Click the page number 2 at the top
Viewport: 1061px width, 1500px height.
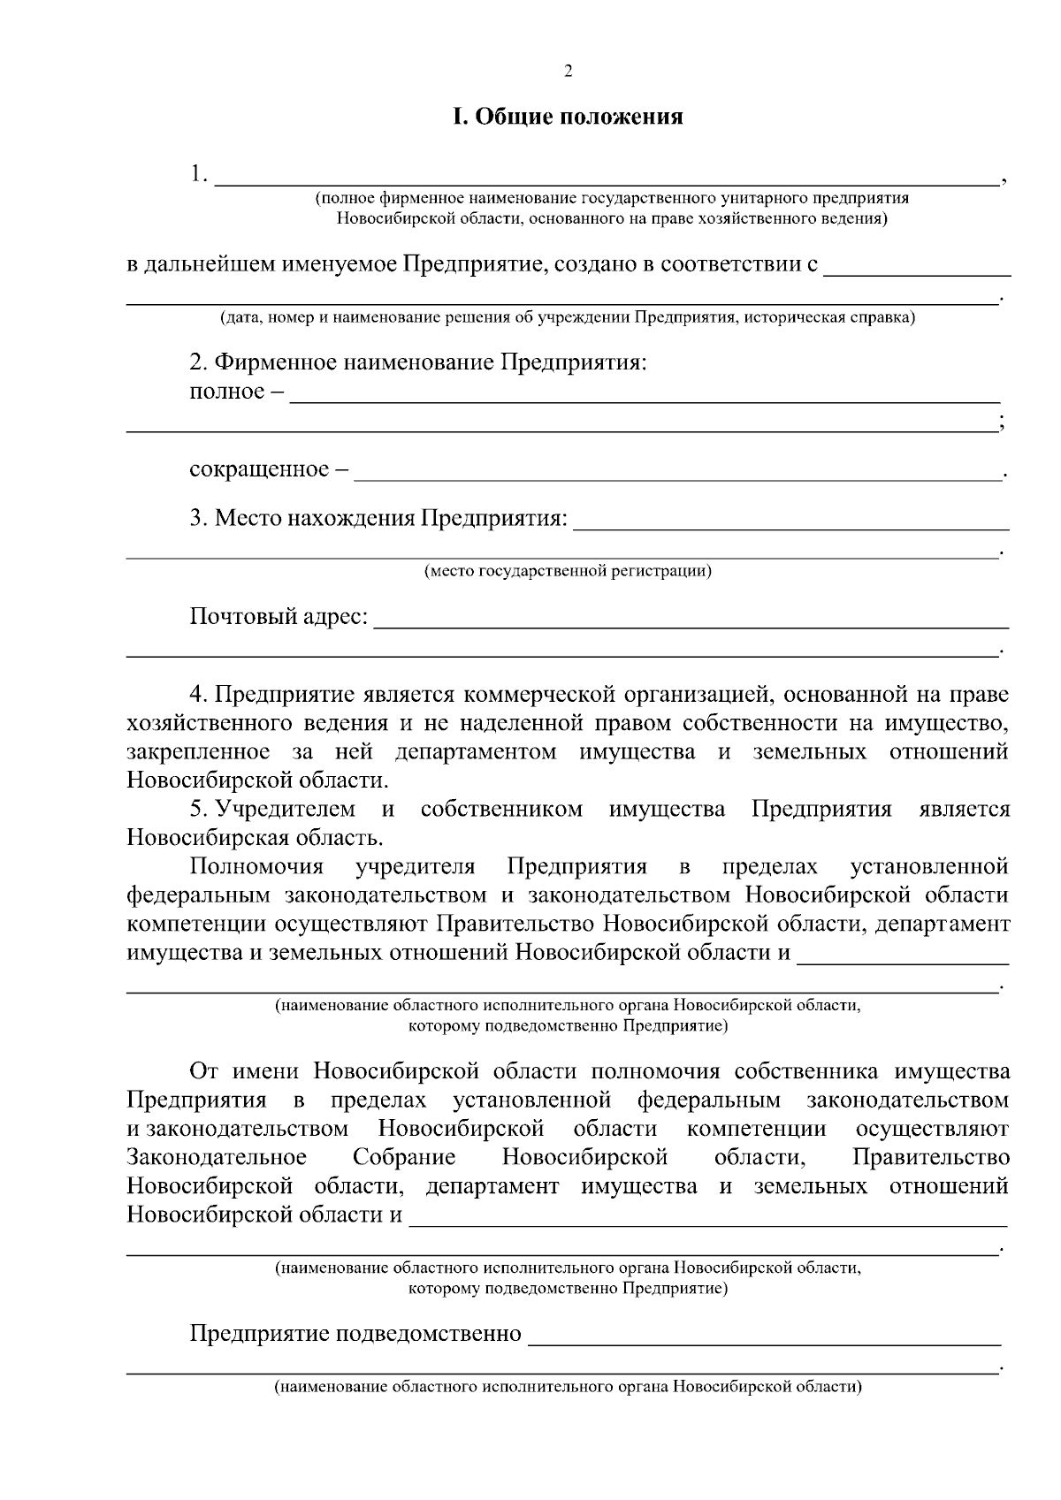[x=568, y=72]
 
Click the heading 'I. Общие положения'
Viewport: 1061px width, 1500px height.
[x=568, y=117]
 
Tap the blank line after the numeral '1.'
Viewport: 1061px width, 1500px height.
[x=606, y=177]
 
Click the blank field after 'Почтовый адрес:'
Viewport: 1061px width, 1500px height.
[x=690, y=619]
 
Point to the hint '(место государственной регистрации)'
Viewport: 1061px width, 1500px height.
[x=568, y=571]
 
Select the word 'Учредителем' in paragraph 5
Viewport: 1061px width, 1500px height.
[x=286, y=809]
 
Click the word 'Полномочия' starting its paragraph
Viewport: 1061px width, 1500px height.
[x=256, y=865]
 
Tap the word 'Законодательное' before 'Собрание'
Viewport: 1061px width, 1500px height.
[x=217, y=1157]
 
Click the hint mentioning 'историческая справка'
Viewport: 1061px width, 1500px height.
[x=568, y=317]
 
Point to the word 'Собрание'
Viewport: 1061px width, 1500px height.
[x=404, y=1157]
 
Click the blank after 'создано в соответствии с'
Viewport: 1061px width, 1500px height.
[x=916, y=267]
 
